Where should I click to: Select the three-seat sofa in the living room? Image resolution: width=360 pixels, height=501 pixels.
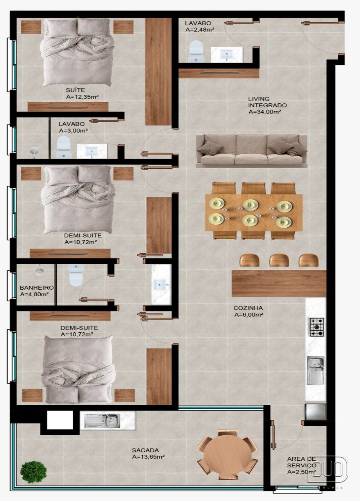pyautogui.click(x=252, y=151)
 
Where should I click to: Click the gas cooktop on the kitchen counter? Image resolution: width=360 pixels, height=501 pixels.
pyautogui.click(x=317, y=327)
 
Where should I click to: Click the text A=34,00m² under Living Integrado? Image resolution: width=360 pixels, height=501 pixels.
pyautogui.click(x=265, y=112)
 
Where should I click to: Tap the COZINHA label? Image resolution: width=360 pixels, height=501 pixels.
pyautogui.click(x=248, y=308)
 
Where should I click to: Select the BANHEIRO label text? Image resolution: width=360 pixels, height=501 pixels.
pyautogui.click(x=37, y=288)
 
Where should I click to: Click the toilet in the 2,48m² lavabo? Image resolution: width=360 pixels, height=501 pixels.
pyautogui.click(x=196, y=51)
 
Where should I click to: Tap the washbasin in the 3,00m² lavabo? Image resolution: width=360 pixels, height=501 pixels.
pyautogui.click(x=92, y=151)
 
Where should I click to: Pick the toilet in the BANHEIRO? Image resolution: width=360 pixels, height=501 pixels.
pyautogui.click(x=76, y=275)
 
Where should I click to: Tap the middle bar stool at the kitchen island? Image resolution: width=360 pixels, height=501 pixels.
pyautogui.click(x=279, y=260)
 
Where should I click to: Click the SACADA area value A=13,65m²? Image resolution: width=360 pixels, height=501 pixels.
pyautogui.click(x=148, y=456)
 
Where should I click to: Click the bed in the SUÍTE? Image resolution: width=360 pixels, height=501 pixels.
pyautogui.click(x=77, y=52)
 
